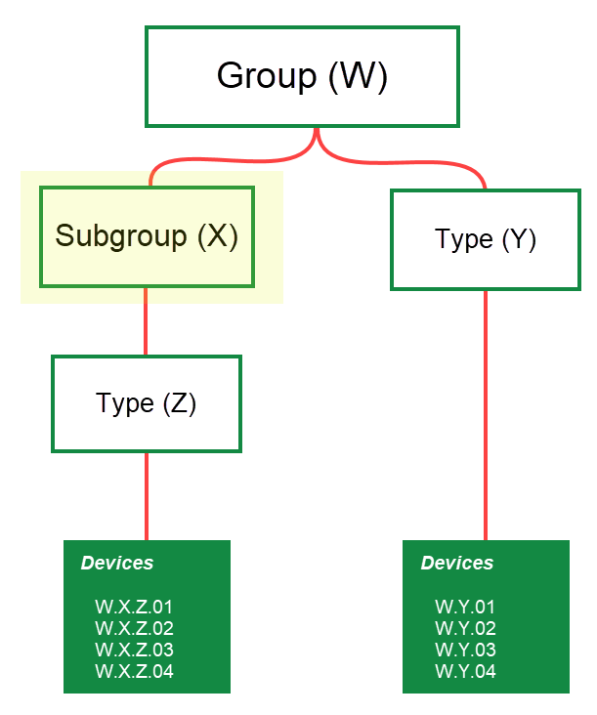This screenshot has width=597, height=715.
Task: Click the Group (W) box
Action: (302, 76)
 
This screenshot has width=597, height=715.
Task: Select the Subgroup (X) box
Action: (147, 236)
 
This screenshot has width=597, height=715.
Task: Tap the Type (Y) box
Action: (486, 239)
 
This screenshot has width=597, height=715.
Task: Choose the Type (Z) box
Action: (147, 403)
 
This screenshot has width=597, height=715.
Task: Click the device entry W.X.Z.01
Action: (134, 608)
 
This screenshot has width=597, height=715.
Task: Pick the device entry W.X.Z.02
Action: (134, 629)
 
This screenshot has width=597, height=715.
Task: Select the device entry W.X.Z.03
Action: (134, 651)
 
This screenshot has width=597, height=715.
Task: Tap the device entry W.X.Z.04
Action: (134, 672)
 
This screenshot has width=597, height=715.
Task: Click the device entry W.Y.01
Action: (465, 608)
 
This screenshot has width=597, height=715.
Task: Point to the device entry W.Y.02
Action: (465, 629)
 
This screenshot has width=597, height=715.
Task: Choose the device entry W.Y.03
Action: (465, 651)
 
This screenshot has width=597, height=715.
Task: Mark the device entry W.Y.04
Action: (465, 672)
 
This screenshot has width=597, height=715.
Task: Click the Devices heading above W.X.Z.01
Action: (117, 564)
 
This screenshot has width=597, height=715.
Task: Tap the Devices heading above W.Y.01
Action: (457, 564)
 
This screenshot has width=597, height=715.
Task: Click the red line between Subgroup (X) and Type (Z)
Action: (147, 322)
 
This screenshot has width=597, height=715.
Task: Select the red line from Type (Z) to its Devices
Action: (147, 496)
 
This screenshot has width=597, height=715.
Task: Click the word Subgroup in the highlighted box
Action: (121, 236)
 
